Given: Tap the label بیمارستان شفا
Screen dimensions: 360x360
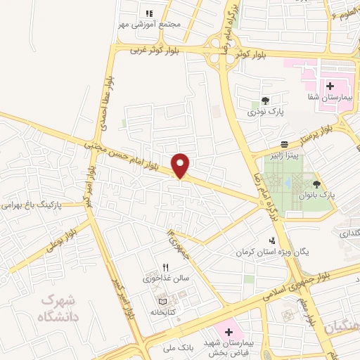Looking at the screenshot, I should (330, 98).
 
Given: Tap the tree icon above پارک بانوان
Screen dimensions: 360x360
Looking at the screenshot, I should (316, 183).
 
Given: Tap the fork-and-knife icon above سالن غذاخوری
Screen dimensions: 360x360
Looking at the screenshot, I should (166, 266).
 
